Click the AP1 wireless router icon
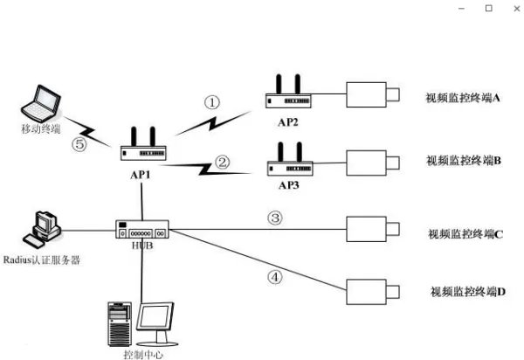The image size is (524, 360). pos(144,150)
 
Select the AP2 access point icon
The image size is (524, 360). pos(287,95)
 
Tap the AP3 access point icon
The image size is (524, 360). pos(287,163)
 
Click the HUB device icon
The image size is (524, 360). pos(141,232)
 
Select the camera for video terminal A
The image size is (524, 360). pos(373,94)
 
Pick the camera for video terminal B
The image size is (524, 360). pos(373,162)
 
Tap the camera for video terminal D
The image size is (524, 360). pos(373,290)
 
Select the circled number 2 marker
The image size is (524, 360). pos(222,162)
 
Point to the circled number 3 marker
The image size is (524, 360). pos(273,217)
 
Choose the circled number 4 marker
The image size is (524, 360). pos(273,277)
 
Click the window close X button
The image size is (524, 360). pos(513,8)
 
